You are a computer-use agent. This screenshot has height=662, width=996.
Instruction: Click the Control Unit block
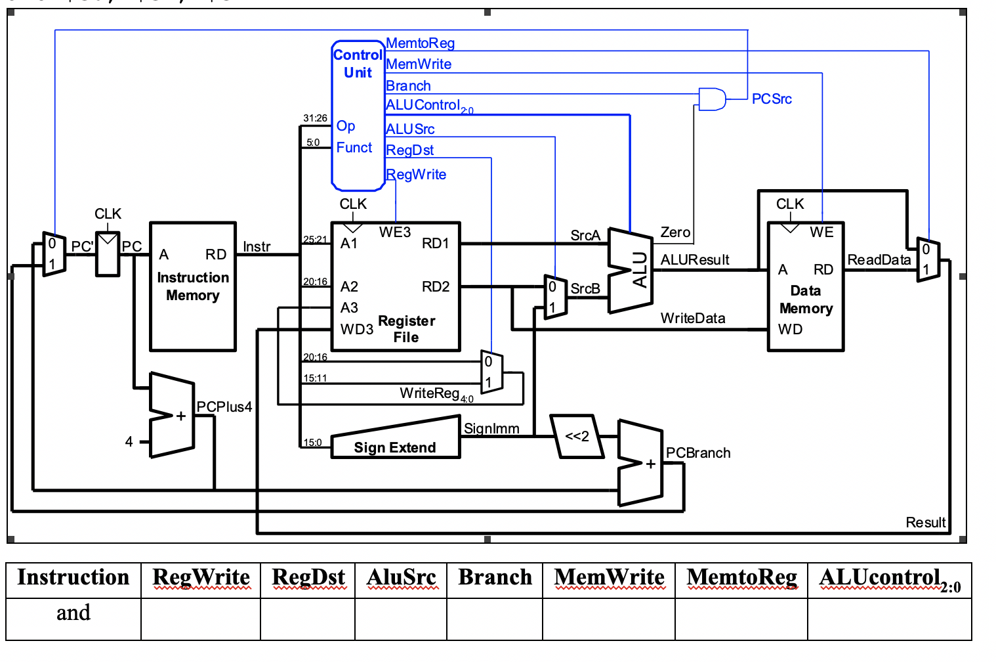(358, 115)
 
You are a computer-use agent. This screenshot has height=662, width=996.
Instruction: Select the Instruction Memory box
(193, 286)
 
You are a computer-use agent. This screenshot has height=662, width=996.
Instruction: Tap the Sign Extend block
(395, 441)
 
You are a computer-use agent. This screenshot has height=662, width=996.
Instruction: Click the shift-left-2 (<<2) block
(577, 436)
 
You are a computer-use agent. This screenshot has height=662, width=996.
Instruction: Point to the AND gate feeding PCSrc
(712, 99)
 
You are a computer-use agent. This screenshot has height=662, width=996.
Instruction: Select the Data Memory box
(805, 286)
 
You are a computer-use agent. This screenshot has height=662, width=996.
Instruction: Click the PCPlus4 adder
(173, 415)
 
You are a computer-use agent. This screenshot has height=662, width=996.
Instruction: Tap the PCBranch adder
(640, 463)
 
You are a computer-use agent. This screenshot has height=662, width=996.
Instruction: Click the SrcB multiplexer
(555, 297)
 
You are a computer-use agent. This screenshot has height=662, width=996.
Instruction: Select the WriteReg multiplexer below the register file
(491, 372)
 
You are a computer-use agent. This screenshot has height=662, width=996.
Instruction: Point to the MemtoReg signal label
(420, 43)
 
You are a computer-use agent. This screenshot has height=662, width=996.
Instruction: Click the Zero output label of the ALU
(675, 232)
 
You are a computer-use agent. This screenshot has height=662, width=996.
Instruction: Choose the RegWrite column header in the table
(201, 578)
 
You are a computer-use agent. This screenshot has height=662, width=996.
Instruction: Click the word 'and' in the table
(73, 613)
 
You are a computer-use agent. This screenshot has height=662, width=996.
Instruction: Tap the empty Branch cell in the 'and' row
(495, 619)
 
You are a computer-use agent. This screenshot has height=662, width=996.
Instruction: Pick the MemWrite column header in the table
(609, 578)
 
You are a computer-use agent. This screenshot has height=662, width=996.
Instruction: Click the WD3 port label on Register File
(356, 329)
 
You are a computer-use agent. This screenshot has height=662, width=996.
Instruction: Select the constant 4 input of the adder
(129, 441)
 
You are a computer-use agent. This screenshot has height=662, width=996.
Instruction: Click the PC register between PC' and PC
(108, 254)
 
